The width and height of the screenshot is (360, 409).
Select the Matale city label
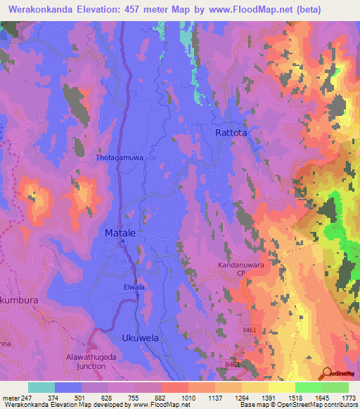tap(120, 232)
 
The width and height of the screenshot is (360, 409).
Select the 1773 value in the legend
tap(348, 397)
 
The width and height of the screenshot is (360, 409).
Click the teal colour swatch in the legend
tap(41, 387)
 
